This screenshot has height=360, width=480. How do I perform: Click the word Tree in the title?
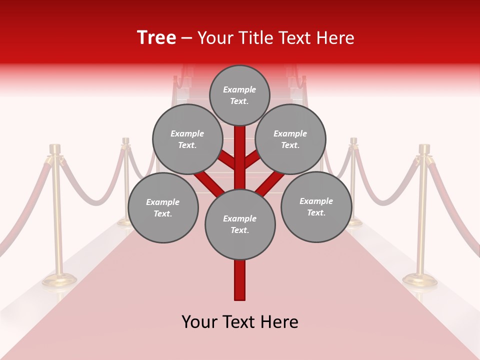156,37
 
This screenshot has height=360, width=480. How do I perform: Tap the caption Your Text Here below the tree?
240,322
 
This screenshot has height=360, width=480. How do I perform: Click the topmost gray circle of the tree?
239,95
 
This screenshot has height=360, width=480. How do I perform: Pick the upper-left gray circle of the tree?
187,139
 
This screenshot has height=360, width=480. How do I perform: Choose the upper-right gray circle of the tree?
290,139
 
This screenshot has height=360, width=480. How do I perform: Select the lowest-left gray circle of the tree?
163,207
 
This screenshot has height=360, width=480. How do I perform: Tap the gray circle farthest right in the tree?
316,206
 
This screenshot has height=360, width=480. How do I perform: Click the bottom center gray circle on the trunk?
240,224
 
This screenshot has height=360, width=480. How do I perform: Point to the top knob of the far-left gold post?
55,148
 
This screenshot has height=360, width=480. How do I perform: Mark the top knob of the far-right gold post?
424,148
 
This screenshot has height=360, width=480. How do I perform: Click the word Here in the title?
336,37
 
